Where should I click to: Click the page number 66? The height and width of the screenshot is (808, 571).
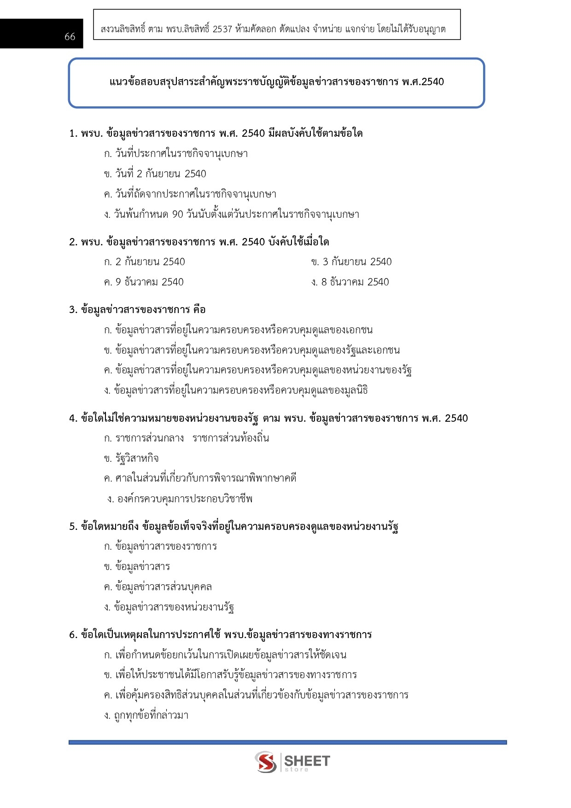70,37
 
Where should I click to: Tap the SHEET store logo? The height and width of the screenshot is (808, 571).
292,762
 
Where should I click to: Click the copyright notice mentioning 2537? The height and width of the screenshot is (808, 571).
273,29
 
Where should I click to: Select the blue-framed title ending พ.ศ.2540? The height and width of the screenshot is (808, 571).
276,82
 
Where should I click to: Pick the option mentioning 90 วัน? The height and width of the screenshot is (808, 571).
231,215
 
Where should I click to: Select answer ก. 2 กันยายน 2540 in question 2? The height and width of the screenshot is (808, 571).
144,262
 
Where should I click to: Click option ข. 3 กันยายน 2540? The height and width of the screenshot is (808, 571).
351,262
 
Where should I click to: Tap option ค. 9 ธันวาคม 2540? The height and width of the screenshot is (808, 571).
143,282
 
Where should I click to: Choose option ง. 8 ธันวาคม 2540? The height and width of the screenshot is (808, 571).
350,282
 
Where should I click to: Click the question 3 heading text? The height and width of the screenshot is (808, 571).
137,310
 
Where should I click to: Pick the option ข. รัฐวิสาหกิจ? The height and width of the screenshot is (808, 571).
131,459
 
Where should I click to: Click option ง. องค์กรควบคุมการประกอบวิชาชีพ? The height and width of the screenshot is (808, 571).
180,499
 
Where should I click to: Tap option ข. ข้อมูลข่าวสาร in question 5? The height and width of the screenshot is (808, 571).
137,567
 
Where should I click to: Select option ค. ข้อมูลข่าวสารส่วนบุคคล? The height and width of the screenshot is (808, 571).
157,587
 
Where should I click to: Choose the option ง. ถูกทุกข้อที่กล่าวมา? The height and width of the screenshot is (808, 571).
146,715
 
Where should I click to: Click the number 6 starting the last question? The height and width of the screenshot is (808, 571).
73,635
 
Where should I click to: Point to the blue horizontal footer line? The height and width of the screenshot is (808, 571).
287,742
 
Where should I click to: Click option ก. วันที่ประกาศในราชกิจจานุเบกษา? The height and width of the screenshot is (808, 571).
175,154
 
